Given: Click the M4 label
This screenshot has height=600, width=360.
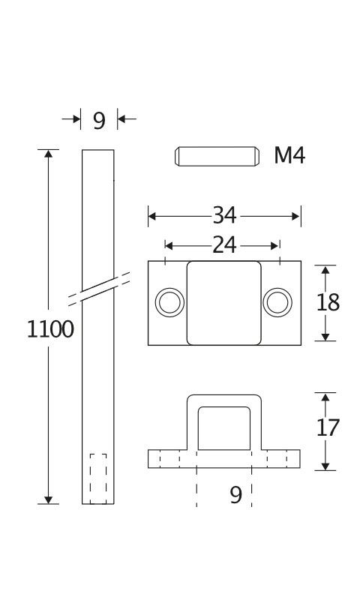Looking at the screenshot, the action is pyautogui.click(x=289, y=156).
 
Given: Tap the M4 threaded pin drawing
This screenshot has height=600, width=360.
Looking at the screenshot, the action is pyautogui.click(x=217, y=156).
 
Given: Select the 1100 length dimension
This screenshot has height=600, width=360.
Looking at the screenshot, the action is pyautogui.click(x=50, y=329).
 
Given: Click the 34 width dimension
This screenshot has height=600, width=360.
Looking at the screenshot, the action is pyautogui.click(x=224, y=215).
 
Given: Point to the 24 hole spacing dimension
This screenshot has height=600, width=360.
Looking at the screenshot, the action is pyautogui.click(x=224, y=245).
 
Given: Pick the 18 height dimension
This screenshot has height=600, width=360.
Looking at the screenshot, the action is pyautogui.click(x=328, y=303).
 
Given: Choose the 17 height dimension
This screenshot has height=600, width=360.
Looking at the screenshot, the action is pyautogui.click(x=328, y=427).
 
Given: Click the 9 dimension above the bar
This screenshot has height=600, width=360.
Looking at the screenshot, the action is pyautogui.click(x=99, y=121).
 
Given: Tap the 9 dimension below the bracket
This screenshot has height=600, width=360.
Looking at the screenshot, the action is pyautogui.click(x=236, y=495).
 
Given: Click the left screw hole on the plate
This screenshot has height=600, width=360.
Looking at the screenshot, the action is pyautogui.click(x=169, y=302).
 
